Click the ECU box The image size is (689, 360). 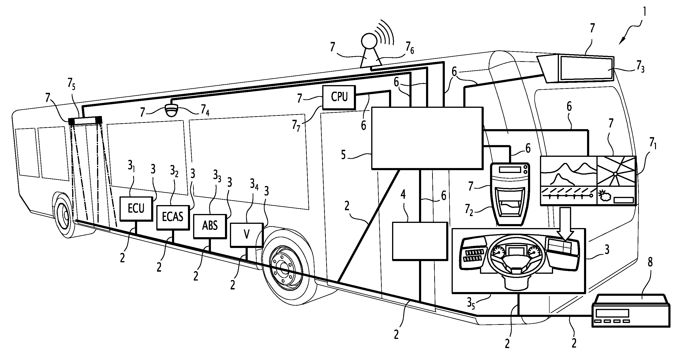136,209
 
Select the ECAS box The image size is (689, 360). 173,217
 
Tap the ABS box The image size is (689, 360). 210,226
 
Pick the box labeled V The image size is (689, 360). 246,235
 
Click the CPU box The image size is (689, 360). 339,97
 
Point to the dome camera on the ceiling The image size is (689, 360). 171,110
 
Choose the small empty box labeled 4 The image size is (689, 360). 420,241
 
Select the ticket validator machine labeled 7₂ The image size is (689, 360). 510,194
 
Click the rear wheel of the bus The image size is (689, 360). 64,214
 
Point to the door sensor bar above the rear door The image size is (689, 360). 85,121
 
